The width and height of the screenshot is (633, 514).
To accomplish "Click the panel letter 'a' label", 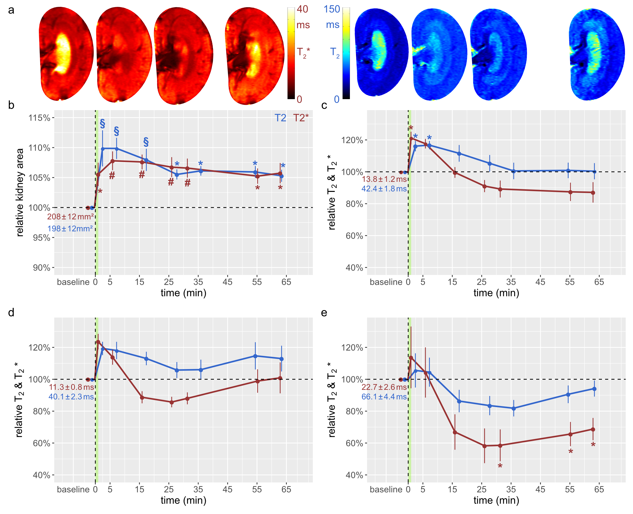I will click(x=11, y=10).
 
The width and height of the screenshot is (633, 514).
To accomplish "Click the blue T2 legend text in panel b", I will click(x=280, y=118).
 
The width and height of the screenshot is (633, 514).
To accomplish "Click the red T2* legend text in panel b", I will click(x=300, y=118).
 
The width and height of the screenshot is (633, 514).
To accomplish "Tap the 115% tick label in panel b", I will click(x=39, y=118).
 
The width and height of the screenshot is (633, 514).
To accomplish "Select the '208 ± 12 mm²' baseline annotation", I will click(x=70, y=217).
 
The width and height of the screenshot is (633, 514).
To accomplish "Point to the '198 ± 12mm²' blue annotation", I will click(x=70, y=229).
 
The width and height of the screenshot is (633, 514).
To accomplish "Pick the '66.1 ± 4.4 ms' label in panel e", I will click(x=384, y=397).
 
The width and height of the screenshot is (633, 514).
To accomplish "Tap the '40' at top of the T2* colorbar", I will click(x=302, y=9).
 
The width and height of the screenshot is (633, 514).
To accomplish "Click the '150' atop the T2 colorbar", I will click(x=332, y=9).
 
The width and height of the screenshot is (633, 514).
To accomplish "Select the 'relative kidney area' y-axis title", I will click(x=20, y=192).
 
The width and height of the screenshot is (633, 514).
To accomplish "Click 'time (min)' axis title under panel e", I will click(x=496, y=500).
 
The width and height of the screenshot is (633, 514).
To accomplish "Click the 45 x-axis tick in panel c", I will click(x=540, y=282).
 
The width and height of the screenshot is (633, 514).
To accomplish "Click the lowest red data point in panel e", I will click(x=484, y=446).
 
